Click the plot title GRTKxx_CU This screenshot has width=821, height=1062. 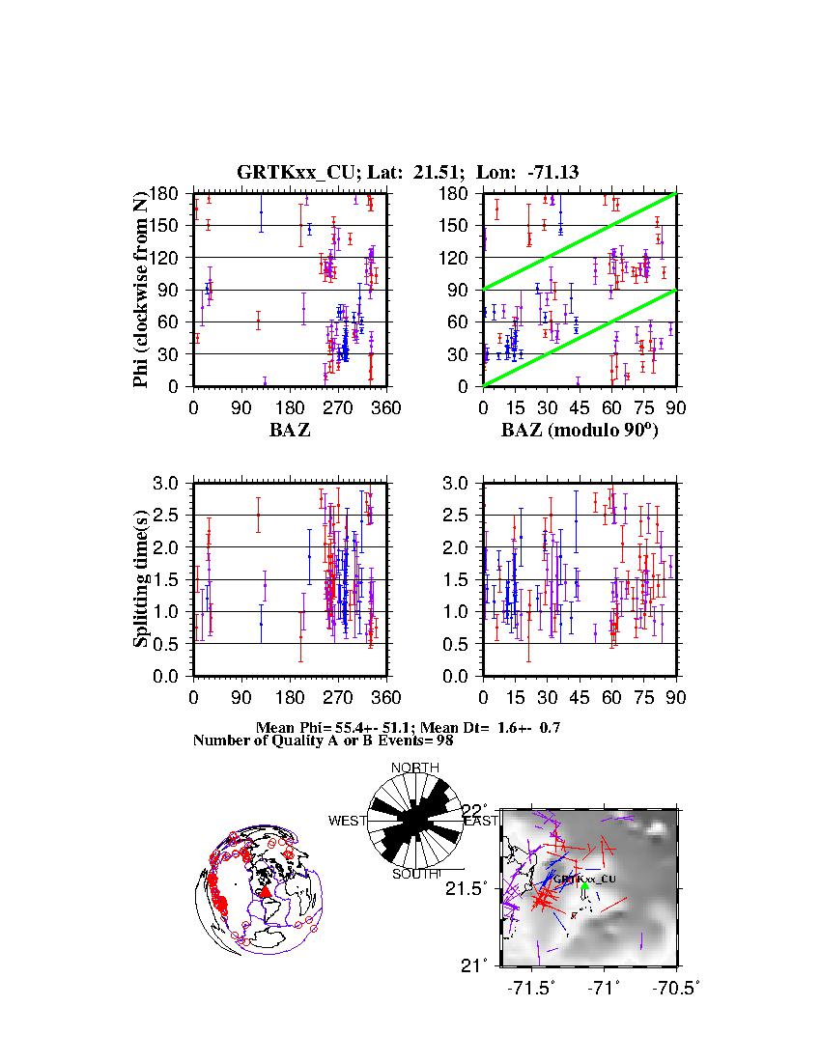284,172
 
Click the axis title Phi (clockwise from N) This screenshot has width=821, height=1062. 141,290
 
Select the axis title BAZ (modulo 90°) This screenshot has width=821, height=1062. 579,431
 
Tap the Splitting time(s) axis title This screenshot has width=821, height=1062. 141,579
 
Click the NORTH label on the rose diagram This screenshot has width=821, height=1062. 414,768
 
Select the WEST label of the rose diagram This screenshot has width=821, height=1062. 348,822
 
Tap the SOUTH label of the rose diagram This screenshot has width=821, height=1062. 414,874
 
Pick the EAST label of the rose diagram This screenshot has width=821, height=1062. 481,822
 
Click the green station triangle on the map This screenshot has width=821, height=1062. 584,885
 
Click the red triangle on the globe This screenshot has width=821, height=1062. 266,892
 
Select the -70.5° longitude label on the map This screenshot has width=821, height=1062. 675,988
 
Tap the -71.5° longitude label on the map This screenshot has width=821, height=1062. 530,988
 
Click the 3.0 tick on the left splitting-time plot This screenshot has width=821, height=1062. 171,483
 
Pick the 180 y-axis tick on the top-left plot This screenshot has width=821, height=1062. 169,193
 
